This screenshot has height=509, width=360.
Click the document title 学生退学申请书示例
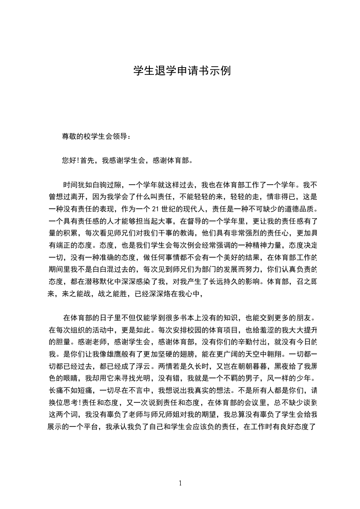(x=182, y=71)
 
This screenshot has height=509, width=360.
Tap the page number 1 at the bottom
(x=180, y=483)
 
